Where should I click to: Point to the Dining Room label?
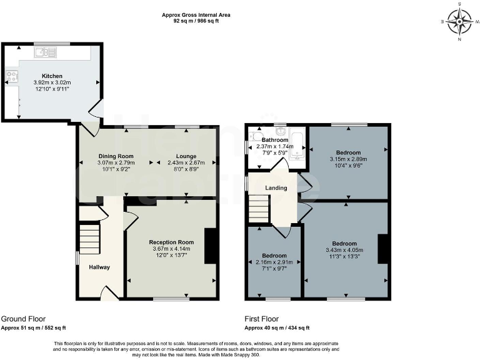(116, 156)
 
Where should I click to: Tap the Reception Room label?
(171, 242)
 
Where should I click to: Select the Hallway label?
(99, 267)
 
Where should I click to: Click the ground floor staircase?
(89, 240)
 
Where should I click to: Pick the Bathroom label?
(275, 140)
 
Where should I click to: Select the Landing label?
(276, 187)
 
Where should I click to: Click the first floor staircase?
(259, 208)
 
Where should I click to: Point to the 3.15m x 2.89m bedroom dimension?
(348, 159)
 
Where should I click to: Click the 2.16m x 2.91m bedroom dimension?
(274, 262)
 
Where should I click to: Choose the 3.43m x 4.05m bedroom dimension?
(344, 250)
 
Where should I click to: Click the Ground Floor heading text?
(23, 319)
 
